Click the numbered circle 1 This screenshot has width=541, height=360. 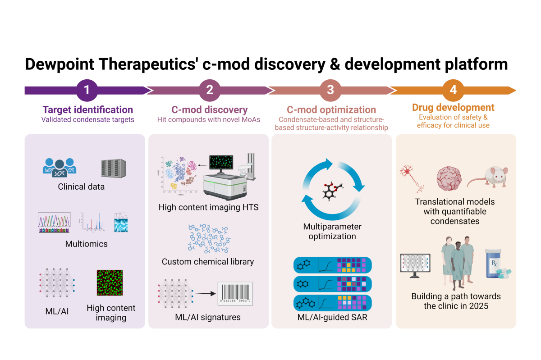click(87, 90)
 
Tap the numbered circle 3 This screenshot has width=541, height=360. click(330, 90)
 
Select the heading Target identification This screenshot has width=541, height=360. click(87, 109)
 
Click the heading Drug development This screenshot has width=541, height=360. click(453, 108)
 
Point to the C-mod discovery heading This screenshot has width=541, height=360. click(209, 109)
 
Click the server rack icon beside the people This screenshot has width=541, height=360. click(112, 167)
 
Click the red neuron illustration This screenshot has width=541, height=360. click(411, 178)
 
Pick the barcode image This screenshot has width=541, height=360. click(235, 294)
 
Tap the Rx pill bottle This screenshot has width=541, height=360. click(494, 264)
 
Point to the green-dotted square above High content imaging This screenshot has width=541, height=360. click(109, 283)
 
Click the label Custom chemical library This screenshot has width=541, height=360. click(208, 262)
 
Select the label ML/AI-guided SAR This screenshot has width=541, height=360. click(332, 317)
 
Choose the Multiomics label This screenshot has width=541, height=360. click(87, 244)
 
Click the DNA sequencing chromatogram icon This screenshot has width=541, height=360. click(54, 222)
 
